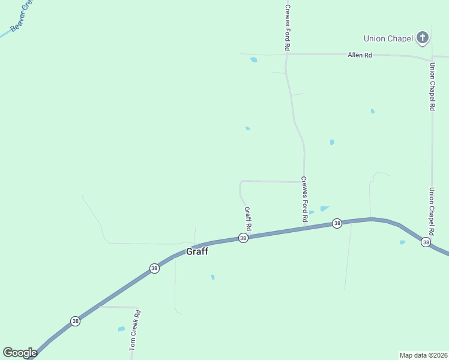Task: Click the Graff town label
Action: pos(197,251)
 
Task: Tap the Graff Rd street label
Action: pos(247,219)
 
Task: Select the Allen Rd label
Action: pos(360,55)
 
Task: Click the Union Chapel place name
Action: pos(388,39)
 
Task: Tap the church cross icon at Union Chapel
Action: pos(423,38)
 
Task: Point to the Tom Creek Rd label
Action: pos(135,330)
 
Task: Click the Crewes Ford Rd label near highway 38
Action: pos(304,200)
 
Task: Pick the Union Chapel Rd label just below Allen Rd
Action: pos(432,86)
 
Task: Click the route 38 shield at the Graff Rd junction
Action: pos(243,238)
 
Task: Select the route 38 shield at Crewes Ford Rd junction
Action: pos(337,223)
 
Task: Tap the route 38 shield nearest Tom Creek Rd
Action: pos(74,321)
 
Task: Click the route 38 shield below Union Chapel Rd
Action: pos(426,242)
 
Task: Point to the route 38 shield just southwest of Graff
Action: pos(154,268)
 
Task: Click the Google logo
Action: pos(20,353)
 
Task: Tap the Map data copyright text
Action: pos(423,355)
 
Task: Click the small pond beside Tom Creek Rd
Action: pos(121,329)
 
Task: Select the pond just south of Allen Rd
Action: pos(254,60)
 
